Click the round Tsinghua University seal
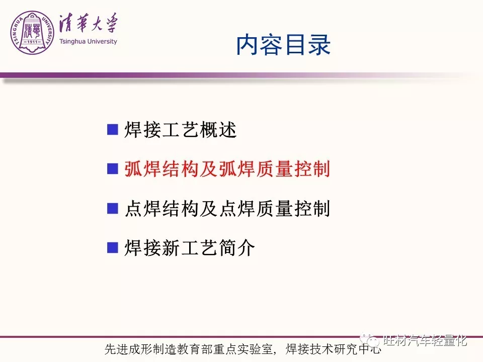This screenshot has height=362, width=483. pos(32,33)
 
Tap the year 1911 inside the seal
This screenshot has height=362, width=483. pos(32,42)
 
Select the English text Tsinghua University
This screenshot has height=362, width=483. pos(88,41)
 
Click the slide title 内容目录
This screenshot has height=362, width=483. pos(283,45)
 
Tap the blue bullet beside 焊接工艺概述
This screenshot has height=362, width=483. pos(112,130)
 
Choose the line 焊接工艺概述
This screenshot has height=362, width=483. pos(181,130)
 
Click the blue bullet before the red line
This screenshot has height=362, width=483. pos(112,169)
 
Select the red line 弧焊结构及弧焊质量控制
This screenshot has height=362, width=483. pos(227,169)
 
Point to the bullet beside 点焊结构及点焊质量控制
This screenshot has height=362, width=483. pos(112,208)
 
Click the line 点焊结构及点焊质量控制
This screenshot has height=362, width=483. pos(227,208)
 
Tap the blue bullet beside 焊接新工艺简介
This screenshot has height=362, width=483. pos(112,247)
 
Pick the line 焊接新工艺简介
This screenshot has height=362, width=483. pos(190,247)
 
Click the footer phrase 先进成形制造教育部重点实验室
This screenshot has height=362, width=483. pos(189,349)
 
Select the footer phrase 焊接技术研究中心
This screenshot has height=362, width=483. pos(333,349)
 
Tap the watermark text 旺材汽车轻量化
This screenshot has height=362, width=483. pos(425,340)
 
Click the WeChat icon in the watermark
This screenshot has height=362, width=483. pos(370,339)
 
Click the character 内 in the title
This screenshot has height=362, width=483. pos(248,45)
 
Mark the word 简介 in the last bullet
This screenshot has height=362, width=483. pos(237,247)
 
